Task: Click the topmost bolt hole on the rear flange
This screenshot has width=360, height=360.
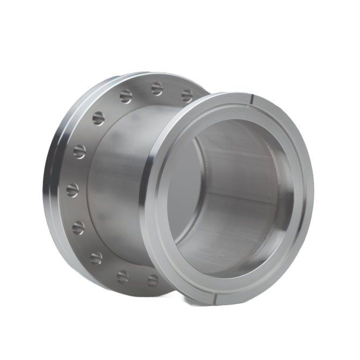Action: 157,89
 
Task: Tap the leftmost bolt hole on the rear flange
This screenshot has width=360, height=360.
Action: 72,190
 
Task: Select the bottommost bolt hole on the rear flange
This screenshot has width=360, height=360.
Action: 153,280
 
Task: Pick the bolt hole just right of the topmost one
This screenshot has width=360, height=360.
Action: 186,96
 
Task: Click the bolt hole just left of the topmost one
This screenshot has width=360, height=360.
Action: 126,96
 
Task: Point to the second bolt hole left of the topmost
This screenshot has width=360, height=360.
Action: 98,118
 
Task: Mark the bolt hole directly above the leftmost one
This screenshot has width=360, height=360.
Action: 80,152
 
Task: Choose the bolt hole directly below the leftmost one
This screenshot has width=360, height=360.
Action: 78,227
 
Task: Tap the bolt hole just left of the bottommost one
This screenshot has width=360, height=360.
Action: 123,276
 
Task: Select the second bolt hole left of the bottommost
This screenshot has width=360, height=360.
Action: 96,258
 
